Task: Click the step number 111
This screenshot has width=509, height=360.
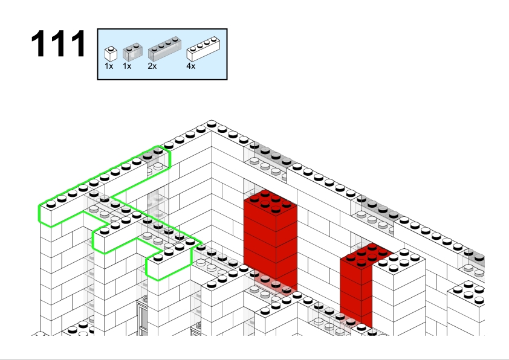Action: [x=59, y=43]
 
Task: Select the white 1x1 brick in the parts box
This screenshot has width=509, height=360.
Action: [x=111, y=54]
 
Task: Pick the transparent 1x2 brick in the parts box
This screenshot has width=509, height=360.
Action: [x=132, y=52]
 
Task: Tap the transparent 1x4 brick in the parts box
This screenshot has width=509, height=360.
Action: [x=164, y=49]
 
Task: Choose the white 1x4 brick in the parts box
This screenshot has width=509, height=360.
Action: [x=203, y=49]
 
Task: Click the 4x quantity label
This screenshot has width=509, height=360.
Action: [x=191, y=66]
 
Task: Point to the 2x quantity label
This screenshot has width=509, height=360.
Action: [x=152, y=66]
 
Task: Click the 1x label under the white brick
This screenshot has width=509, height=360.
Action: [x=109, y=66]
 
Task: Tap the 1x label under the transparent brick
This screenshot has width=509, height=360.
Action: [x=127, y=66]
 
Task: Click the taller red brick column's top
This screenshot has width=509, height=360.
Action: [x=270, y=201]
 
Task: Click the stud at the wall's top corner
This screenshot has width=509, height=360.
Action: [x=212, y=123]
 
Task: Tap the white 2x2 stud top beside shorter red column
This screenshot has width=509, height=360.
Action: [x=398, y=260]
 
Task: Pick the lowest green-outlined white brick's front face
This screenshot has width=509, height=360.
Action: [x=169, y=266]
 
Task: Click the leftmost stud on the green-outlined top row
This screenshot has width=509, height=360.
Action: [x=51, y=204]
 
